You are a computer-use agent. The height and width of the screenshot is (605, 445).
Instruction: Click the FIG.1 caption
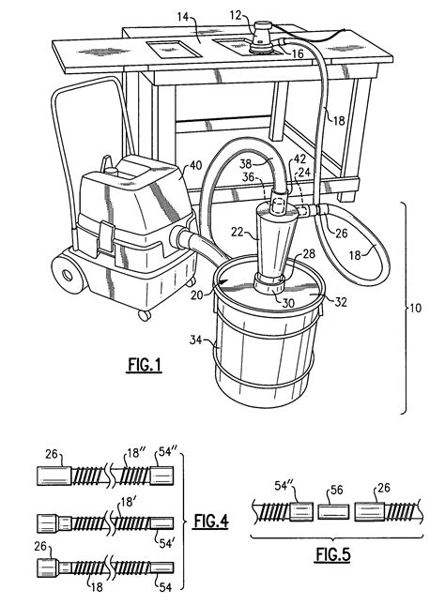pos(144,365)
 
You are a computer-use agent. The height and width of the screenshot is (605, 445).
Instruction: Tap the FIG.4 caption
pos(211,522)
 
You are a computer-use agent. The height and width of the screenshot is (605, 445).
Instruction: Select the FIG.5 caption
pos(333,554)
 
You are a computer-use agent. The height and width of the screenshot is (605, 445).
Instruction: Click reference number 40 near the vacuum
pos(195,166)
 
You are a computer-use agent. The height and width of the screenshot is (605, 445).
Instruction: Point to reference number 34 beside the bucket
pos(196,340)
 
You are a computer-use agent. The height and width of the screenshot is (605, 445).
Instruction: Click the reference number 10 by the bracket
pos(416,309)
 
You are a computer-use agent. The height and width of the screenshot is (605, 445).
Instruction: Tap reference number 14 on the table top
pos(183,17)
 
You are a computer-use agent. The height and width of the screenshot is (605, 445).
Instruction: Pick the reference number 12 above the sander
pos(236,15)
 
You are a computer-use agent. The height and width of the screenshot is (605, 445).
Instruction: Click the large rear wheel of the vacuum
pos(68,274)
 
